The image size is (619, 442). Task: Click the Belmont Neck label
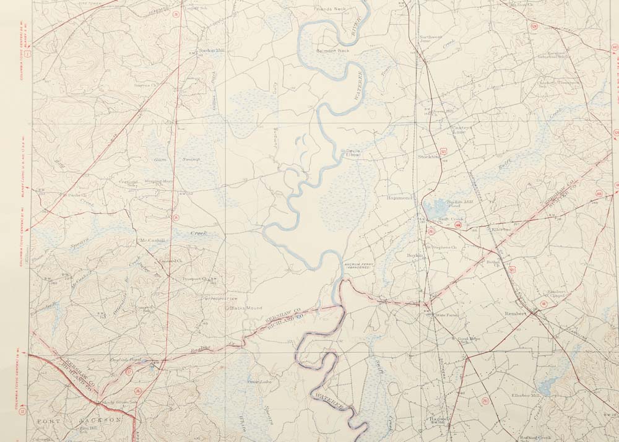coord(333,51)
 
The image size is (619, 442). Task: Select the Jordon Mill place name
coord(210,51)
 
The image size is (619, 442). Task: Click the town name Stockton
coord(429,157)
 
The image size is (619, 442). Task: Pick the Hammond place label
coord(399,197)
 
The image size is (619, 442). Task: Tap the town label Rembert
coord(515,313)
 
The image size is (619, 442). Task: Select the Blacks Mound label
coord(246,308)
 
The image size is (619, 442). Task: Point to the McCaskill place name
coord(154,240)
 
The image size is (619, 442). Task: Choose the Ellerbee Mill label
coord(526,395)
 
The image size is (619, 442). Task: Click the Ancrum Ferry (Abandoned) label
coord(361,267)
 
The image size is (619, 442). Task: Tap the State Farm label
coord(447,315)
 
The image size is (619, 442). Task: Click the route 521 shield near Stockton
coord(443,150)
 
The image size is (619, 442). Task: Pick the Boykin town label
coord(415,255)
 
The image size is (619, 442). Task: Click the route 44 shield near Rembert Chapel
coord(543,304)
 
